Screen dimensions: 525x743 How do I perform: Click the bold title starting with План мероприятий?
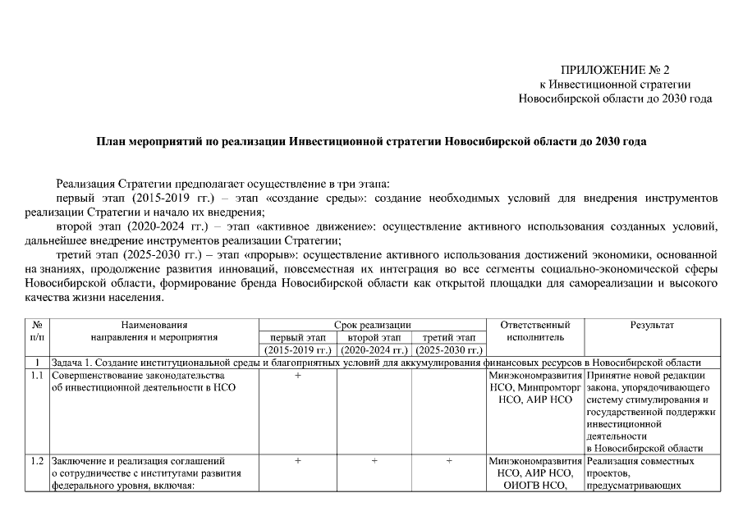click(x=371, y=141)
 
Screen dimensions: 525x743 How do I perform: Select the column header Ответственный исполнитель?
click(x=534, y=331)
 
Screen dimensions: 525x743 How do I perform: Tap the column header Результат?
click(x=652, y=325)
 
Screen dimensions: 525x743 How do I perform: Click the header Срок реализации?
click(x=373, y=325)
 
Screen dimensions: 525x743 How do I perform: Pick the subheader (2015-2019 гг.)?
click(x=297, y=350)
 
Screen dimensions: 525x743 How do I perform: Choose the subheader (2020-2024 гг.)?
click(x=374, y=350)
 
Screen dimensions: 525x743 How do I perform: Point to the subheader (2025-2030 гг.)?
click(x=449, y=350)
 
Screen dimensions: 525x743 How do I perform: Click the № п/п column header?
click(x=37, y=331)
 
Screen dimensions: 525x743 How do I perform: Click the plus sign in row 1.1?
click(x=297, y=376)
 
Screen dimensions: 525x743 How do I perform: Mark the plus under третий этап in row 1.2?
click(x=449, y=461)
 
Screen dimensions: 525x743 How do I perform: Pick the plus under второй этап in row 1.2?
click(x=374, y=461)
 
